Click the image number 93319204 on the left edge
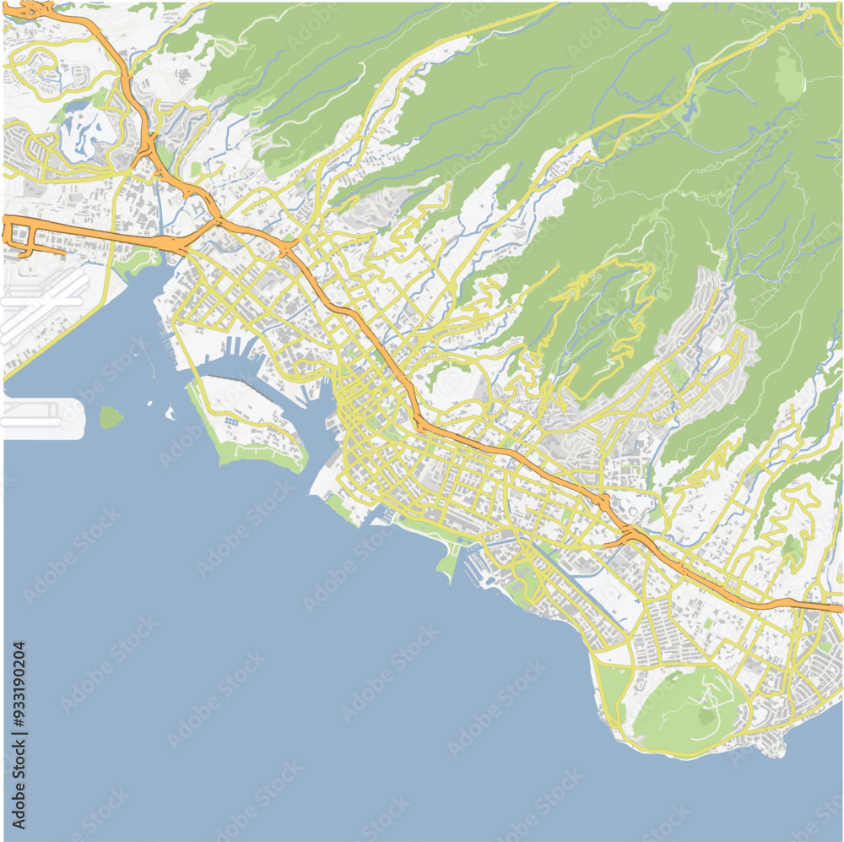point(19,734)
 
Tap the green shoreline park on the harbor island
point(253,456)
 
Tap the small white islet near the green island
point(170,413)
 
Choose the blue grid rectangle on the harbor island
point(230,420)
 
